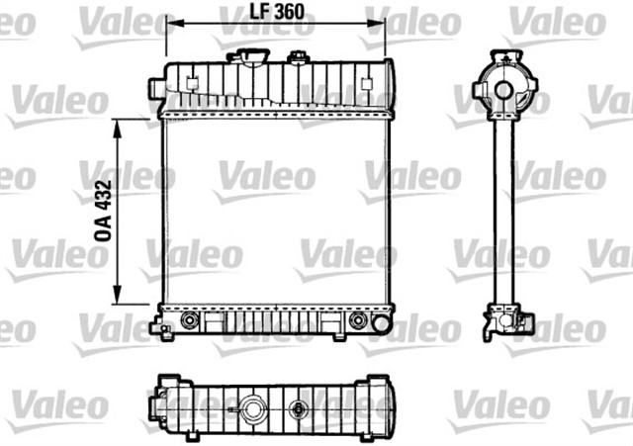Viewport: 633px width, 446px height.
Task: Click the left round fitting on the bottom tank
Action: point(190,320)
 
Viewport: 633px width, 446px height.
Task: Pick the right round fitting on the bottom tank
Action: point(358,320)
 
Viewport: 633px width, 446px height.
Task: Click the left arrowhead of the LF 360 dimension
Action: point(169,26)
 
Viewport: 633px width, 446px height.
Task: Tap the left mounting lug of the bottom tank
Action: point(157,326)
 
